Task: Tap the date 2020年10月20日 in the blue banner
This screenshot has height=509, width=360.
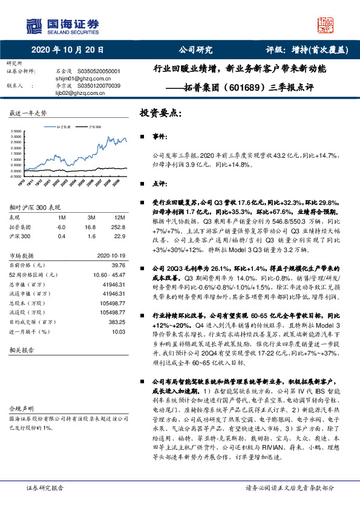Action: (x=67, y=50)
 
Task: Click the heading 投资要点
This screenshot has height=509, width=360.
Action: (x=160, y=113)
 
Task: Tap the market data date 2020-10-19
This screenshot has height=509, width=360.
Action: (x=111, y=255)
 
